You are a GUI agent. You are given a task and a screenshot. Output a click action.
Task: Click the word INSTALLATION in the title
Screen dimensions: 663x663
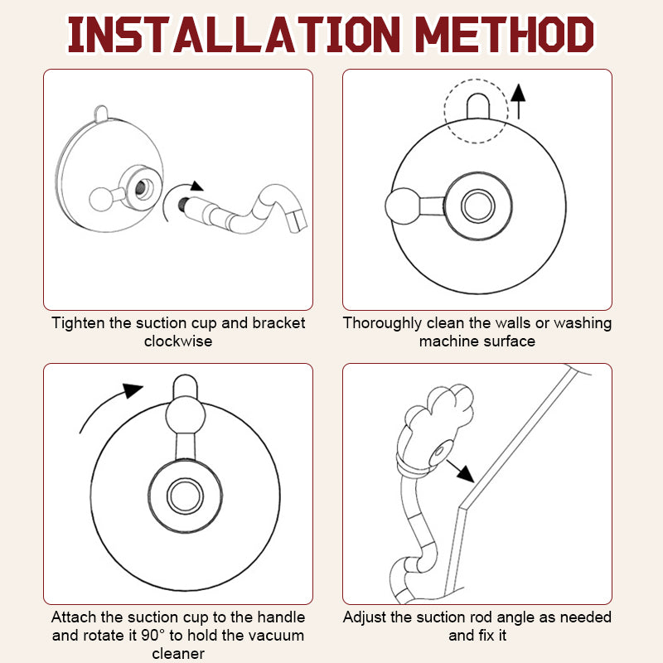[x=234, y=35]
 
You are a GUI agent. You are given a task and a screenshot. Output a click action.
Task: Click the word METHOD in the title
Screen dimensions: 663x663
[x=505, y=35]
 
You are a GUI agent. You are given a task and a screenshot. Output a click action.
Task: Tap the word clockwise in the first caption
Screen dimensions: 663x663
[x=178, y=341]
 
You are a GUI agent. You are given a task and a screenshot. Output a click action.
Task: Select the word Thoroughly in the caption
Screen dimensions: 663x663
[x=382, y=323]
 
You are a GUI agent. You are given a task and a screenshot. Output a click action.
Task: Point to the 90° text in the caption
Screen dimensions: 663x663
[x=150, y=635]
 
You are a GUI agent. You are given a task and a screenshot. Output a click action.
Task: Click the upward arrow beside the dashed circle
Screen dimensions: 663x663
[x=518, y=101]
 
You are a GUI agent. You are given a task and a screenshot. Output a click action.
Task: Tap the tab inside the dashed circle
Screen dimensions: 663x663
[x=478, y=106]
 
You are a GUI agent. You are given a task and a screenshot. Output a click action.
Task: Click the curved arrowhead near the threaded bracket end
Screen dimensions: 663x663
[x=196, y=186]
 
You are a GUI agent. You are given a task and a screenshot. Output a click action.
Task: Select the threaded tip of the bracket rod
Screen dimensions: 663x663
[x=184, y=204]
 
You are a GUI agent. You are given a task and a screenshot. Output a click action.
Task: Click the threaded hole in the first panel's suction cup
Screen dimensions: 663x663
[x=143, y=188]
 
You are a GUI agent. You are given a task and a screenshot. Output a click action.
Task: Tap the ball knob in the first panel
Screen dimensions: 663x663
[x=101, y=199]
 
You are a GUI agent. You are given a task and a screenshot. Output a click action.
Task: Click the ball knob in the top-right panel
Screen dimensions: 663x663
[x=403, y=206]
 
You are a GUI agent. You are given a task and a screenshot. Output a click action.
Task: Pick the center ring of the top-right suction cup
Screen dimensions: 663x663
[x=478, y=206]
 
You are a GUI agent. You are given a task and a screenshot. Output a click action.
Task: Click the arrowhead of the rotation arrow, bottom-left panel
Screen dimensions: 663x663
[x=133, y=390]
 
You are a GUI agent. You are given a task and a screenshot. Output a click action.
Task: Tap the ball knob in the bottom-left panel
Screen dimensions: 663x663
[x=185, y=415]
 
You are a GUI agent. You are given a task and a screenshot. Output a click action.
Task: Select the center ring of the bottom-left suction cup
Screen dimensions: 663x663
[x=185, y=496]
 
